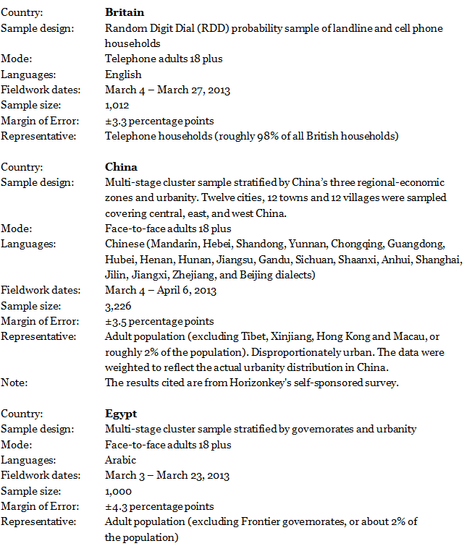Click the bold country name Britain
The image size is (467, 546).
125,12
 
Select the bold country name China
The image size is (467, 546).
121,167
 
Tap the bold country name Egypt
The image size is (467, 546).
121,414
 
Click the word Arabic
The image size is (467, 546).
120,460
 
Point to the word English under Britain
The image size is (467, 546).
123,74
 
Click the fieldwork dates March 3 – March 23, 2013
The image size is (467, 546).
167,476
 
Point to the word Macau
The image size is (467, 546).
415,337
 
